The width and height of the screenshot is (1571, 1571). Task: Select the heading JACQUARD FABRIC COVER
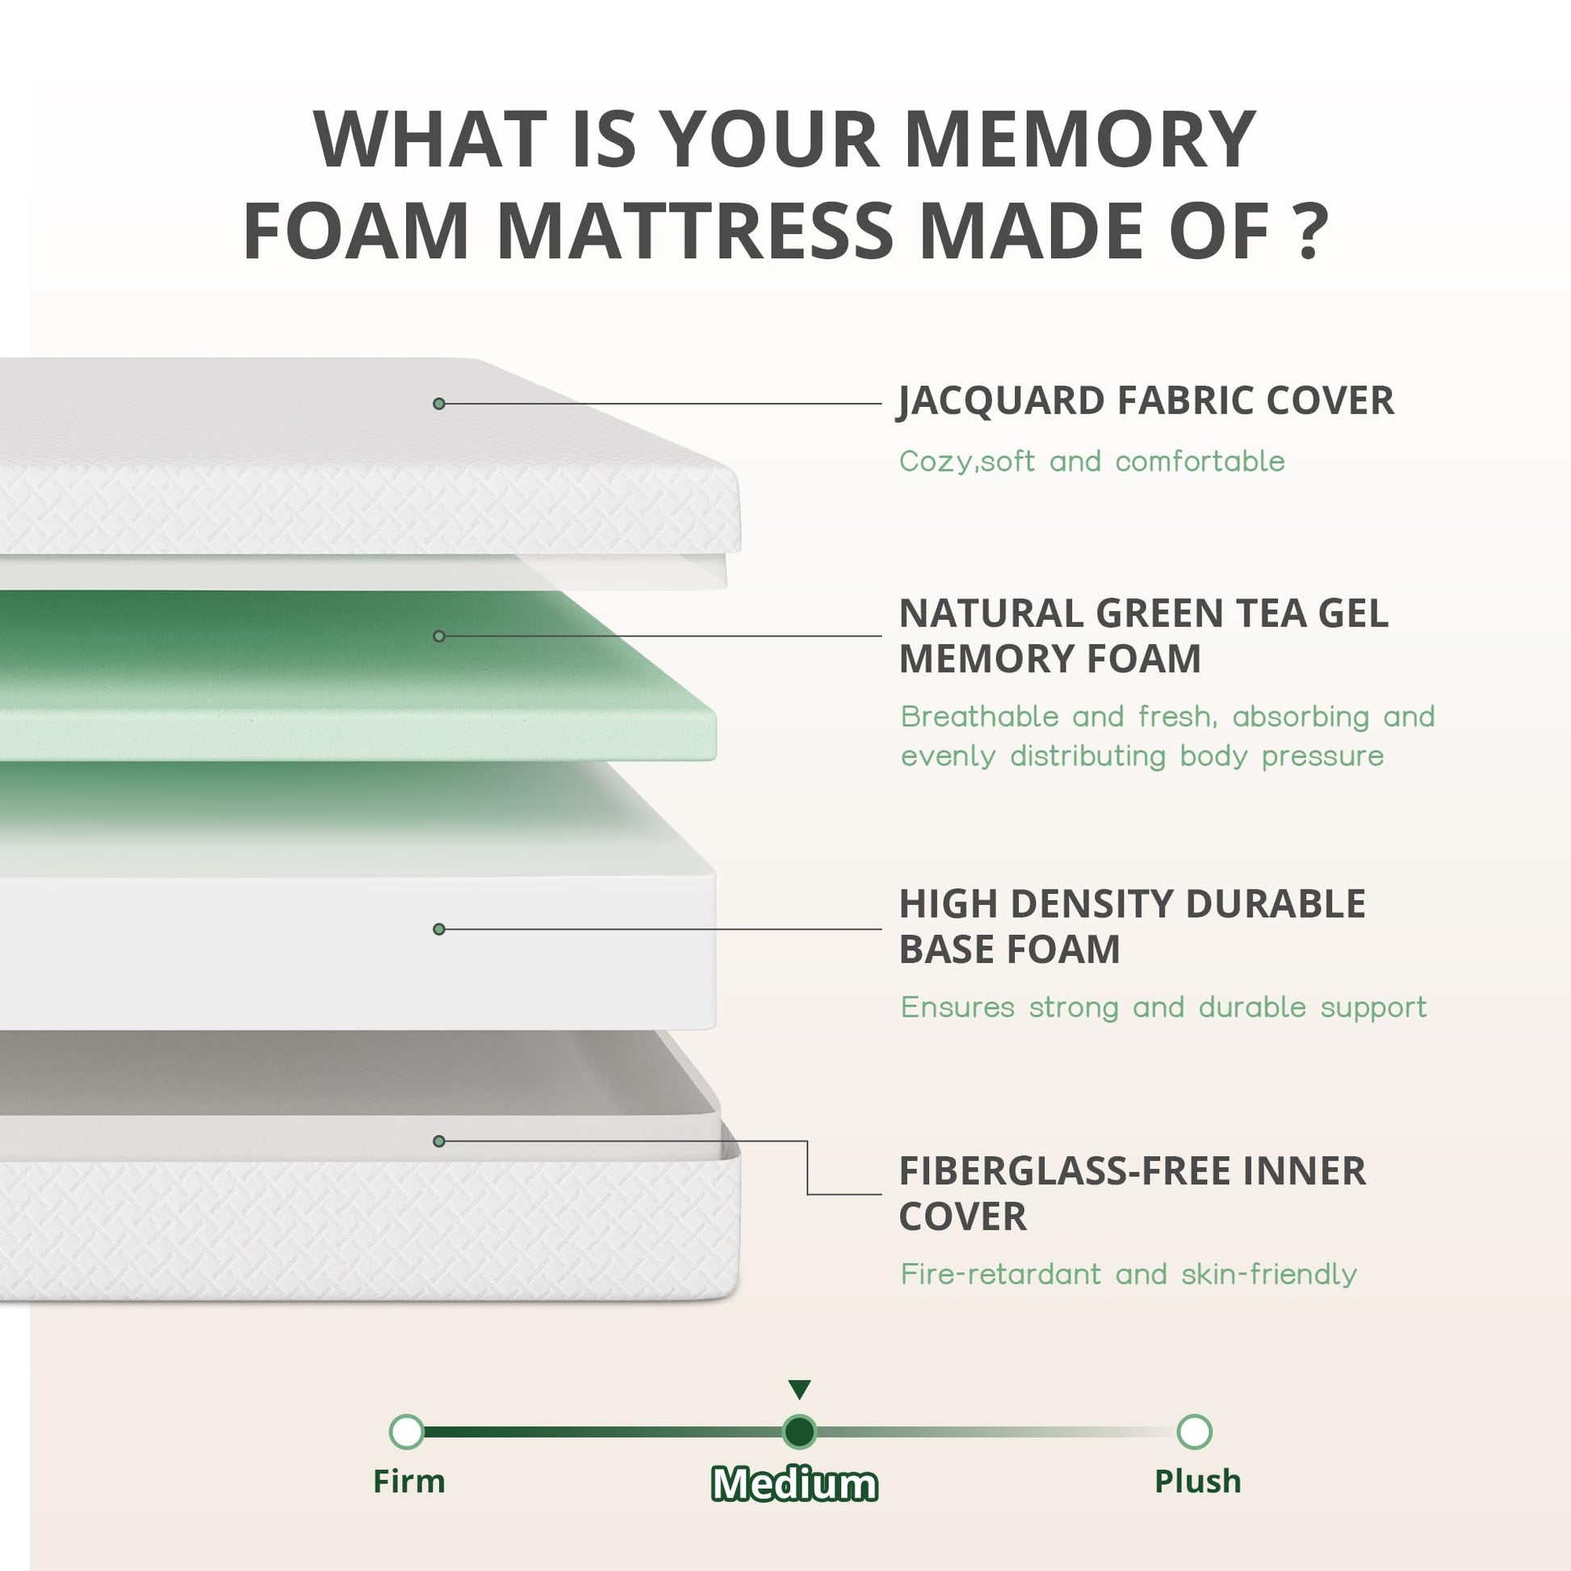click(1146, 401)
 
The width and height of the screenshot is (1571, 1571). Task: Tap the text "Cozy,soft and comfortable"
click(1092, 462)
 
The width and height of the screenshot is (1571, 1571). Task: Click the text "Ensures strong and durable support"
click(1163, 1008)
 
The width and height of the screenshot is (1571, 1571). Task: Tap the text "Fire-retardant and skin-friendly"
click(1129, 1274)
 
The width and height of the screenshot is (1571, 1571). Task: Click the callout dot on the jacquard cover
click(439, 404)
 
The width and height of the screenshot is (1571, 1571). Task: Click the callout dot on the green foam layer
click(439, 636)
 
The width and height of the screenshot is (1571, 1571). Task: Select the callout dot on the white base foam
click(439, 928)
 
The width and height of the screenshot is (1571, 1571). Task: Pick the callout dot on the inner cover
click(439, 1141)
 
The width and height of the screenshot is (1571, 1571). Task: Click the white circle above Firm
click(407, 1431)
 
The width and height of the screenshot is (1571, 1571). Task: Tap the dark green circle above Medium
click(799, 1431)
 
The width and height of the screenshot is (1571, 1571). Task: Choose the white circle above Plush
click(1194, 1431)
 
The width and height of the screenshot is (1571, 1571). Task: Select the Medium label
click(794, 1484)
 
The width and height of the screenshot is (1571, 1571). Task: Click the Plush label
click(1198, 1481)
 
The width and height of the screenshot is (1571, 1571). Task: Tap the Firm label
click(409, 1481)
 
